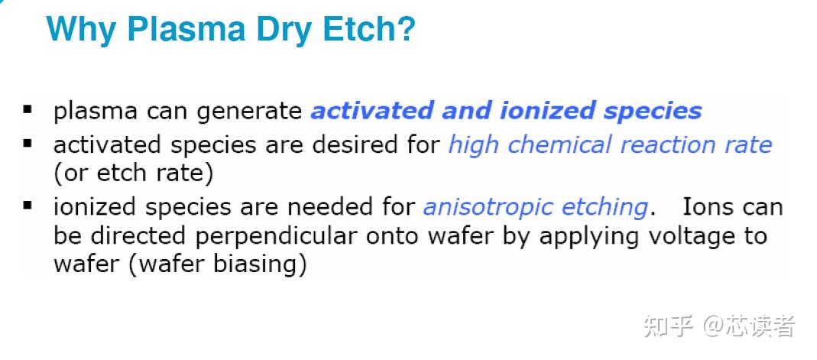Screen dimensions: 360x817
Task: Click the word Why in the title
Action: (x=80, y=30)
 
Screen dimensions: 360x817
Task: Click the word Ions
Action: (x=708, y=207)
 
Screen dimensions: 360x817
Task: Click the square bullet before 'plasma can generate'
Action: (x=28, y=110)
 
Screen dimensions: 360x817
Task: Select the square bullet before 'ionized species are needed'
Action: (x=28, y=206)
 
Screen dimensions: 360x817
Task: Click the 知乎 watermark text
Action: (x=668, y=326)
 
